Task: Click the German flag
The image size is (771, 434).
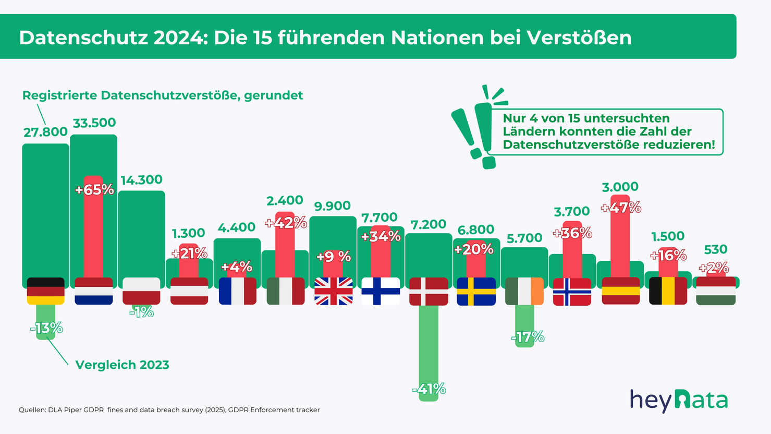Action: [46, 291]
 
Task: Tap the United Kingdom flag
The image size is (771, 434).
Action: [334, 291]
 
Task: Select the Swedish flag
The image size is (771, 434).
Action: [476, 291]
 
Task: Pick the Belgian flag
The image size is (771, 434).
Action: [668, 291]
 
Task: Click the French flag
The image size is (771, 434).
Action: [238, 291]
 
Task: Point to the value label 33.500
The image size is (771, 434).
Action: [94, 123]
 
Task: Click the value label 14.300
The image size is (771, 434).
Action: [141, 180]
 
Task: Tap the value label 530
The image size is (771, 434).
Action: [715, 249]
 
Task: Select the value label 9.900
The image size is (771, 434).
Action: [333, 206]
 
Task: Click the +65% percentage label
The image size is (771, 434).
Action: [94, 190]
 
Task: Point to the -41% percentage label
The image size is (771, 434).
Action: [429, 389]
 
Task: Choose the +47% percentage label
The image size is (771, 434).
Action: [620, 208]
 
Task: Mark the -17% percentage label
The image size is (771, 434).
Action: [528, 337]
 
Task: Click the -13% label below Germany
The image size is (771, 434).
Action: [46, 328]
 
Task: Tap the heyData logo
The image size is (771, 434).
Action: [678, 401]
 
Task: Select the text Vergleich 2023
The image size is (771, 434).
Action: [123, 365]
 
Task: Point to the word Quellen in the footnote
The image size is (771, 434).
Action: [32, 410]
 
